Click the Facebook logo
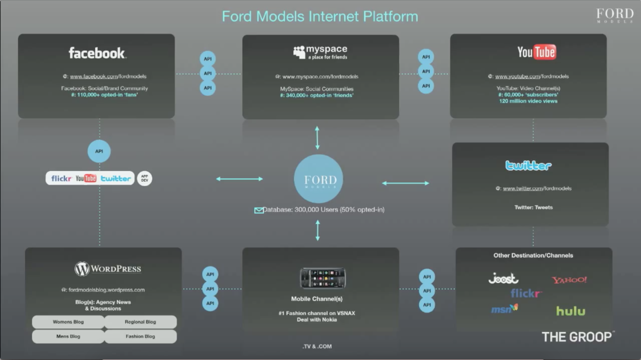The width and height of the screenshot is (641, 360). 97,53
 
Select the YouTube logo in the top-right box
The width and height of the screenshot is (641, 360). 536,52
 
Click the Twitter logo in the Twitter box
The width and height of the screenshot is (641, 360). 528,165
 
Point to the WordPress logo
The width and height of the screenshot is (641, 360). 108,269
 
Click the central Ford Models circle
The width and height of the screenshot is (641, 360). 318,179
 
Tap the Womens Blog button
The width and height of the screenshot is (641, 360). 68,322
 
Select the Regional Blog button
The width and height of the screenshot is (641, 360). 140,322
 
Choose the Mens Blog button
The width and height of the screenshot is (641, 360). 68,336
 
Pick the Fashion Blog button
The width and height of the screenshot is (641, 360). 140,336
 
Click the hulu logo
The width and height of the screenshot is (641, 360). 570,311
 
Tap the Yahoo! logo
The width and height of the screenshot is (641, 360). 569,280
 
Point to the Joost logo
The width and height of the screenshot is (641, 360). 503,278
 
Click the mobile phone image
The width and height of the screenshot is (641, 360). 323,278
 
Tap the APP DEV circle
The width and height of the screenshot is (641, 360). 145,179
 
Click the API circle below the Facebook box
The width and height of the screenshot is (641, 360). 99,151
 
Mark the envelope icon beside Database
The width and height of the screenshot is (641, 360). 259,210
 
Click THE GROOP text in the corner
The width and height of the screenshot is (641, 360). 577,337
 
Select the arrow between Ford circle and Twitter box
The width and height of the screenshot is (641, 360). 405,183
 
